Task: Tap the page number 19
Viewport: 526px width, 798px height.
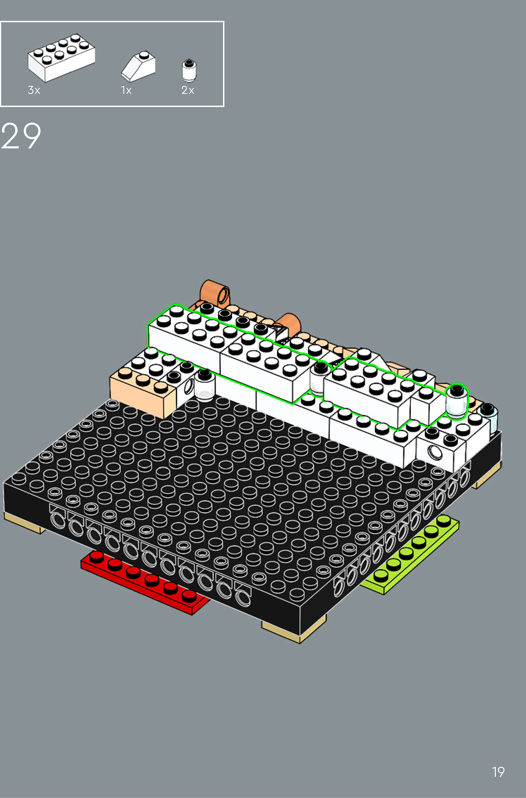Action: (498, 772)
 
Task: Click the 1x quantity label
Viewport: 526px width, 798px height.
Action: (126, 90)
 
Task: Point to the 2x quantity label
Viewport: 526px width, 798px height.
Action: (188, 90)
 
